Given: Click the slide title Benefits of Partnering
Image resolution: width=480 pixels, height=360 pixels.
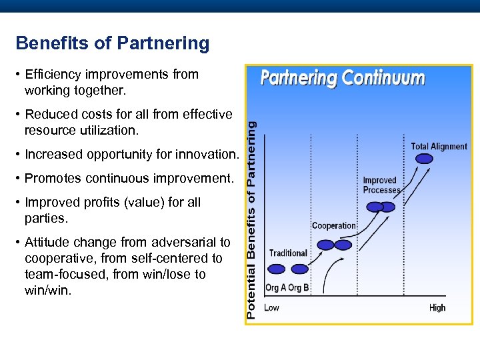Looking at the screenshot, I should pyautogui.click(x=112, y=44).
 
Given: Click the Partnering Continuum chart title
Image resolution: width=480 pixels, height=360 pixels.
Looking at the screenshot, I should pyautogui.click(x=342, y=78).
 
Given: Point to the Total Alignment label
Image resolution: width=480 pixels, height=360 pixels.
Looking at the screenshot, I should pyautogui.click(x=439, y=147).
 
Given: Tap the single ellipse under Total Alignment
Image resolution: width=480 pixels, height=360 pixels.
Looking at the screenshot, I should pyautogui.click(x=423, y=159).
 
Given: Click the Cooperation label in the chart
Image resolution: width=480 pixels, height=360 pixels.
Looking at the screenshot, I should pyautogui.click(x=334, y=226).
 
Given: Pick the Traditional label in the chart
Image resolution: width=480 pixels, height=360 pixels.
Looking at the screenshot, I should pyautogui.click(x=288, y=253).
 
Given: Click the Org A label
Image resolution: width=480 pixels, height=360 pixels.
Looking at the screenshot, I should pyautogui.click(x=275, y=288).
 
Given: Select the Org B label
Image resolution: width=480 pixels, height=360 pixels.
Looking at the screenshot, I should pyautogui.click(x=298, y=288).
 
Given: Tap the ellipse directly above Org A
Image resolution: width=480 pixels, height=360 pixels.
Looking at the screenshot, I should pyautogui.click(x=276, y=269).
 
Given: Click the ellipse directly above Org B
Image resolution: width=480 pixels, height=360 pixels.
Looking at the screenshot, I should pyautogui.click(x=298, y=269).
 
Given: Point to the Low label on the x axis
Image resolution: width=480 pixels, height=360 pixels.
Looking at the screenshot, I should pyautogui.click(x=271, y=308).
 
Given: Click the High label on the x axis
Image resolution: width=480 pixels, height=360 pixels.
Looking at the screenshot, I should pyautogui.click(x=437, y=308).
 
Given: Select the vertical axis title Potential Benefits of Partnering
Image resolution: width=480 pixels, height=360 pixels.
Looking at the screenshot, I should pyautogui.click(x=251, y=220).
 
